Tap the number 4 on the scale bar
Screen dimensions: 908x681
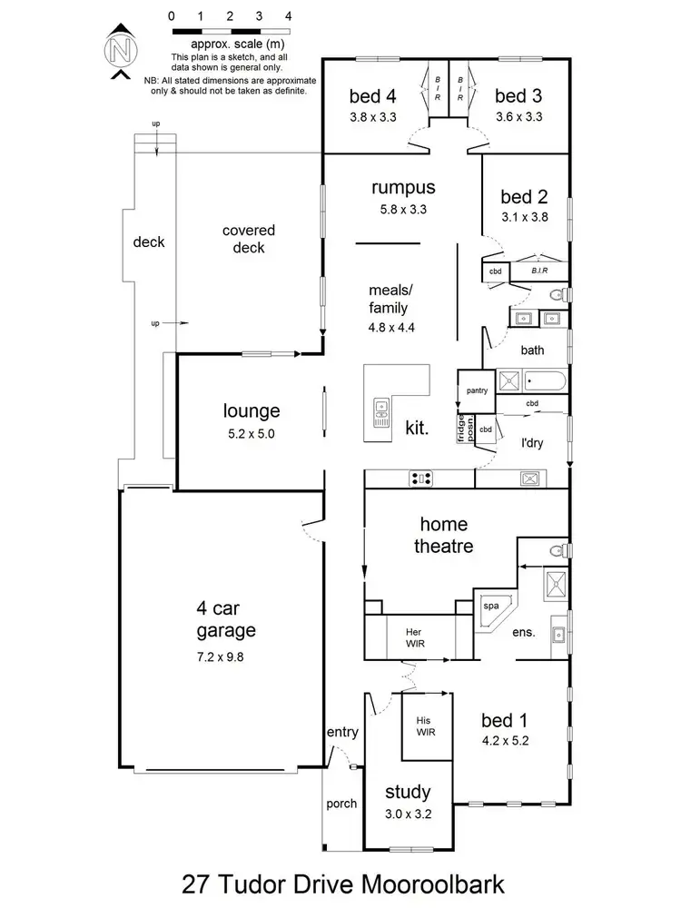pos(288,16)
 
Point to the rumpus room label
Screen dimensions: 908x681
pos(403,188)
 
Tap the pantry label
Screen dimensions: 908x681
pos(477,390)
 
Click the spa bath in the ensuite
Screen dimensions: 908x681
pos(492,608)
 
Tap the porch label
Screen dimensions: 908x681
pos(341,804)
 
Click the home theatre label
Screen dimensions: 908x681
pos(443,536)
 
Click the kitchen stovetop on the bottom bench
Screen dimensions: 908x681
pos(420,478)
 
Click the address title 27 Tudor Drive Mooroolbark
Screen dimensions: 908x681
pos(340,882)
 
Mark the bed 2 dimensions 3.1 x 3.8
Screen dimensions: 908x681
pos(524,217)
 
